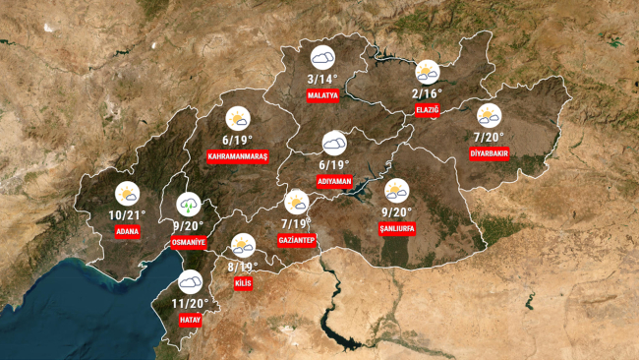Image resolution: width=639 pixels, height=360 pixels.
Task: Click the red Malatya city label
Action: tap(322, 95)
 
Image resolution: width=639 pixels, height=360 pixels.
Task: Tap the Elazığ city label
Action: tap(427, 109)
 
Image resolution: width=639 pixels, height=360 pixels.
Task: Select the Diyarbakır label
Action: tap(489, 152)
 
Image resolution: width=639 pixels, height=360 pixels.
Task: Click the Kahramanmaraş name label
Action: tap(238, 156)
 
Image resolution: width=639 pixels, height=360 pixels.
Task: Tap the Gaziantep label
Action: tap(296, 240)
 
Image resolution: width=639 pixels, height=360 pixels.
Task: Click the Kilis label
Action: tap(243, 283)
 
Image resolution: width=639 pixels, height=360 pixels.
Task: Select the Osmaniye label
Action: tap(188, 241)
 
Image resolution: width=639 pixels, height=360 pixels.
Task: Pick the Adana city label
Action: tap(127, 231)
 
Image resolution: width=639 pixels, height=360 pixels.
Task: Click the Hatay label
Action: tap(191, 320)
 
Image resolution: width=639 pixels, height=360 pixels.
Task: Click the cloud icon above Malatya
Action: tap(322, 57)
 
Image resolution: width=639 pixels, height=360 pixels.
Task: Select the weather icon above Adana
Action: tap(127, 194)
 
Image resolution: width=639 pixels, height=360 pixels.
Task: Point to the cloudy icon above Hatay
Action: tap(191, 283)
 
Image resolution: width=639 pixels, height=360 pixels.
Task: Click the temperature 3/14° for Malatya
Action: tap(322, 79)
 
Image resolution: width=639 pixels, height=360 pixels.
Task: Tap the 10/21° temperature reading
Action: tap(128, 215)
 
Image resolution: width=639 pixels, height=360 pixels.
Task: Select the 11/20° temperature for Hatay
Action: tap(191, 304)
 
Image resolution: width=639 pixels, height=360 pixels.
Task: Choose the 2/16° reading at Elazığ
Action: tap(427, 93)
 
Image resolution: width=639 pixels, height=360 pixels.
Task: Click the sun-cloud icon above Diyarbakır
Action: tap(489, 115)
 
